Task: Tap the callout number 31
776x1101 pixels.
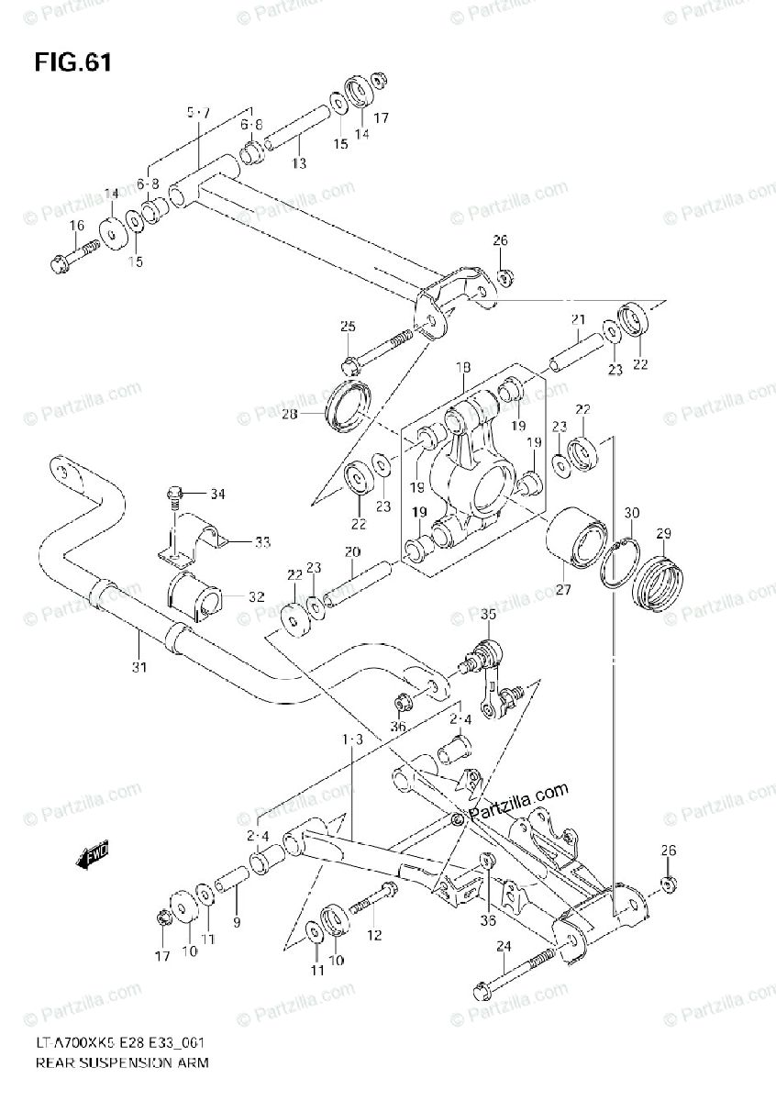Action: click(x=139, y=667)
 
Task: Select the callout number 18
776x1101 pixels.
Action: click(x=462, y=368)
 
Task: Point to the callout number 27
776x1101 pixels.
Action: click(x=562, y=590)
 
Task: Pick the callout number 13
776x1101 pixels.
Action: click(x=299, y=162)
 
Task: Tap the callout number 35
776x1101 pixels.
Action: click(x=487, y=615)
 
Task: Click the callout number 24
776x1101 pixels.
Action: click(x=504, y=946)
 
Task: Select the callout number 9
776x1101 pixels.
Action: click(x=237, y=923)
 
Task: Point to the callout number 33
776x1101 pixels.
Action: click(x=262, y=542)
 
